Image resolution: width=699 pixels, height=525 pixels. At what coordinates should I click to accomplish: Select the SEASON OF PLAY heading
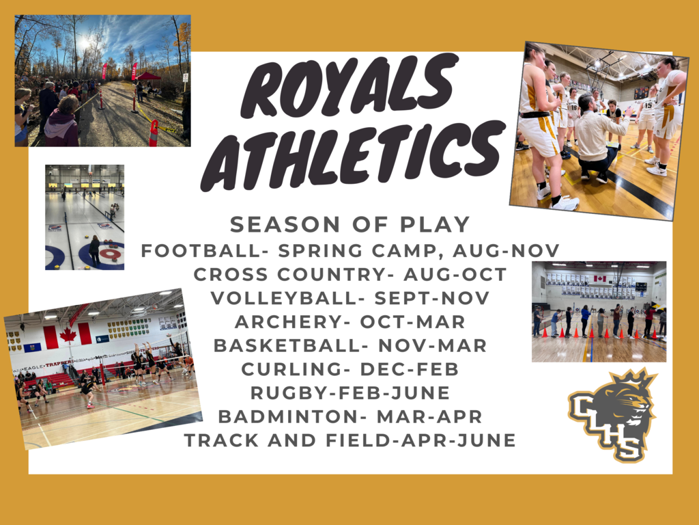point(350,224)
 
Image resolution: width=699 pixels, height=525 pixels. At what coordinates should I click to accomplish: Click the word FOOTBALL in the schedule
point(201,250)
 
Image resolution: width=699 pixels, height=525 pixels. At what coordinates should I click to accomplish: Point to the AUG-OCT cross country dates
point(455,274)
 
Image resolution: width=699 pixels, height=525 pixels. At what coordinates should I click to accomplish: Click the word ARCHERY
point(288,321)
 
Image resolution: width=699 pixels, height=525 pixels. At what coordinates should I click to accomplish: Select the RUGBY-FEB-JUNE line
point(350,392)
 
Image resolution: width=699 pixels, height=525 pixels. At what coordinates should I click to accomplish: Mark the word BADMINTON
point(288,416)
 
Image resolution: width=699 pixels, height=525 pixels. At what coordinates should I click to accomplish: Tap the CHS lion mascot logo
point(613,415)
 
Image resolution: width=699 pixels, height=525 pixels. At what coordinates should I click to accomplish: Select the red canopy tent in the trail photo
point(148,77)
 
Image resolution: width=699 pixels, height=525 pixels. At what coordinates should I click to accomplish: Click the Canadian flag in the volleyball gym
point(68,335)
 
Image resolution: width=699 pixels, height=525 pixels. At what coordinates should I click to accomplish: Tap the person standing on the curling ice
point(94,251)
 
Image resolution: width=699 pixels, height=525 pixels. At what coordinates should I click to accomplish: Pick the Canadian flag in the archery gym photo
point(599,279)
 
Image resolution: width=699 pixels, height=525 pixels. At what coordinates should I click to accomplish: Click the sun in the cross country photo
point(84,43)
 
